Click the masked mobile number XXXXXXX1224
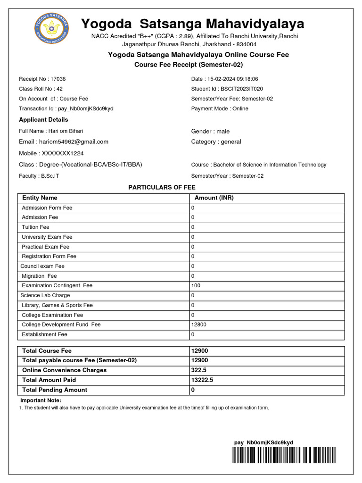pos(63,153)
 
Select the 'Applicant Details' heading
pos(43,120)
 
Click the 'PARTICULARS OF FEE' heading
pos(162,187)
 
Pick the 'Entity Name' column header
pos(40,198)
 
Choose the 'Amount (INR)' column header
pos(214,198)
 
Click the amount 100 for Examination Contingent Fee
pos(196,286)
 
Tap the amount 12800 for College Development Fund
pos(198,325)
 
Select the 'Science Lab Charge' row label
pos(45,295)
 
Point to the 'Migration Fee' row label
pos(39,276)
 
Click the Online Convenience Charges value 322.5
pos(198,370)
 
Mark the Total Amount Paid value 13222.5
pos(202,380)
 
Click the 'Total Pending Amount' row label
pos(55,390)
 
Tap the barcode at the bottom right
pos(284,455)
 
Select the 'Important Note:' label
pos(40,400)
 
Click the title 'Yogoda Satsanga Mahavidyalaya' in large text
pos(193,24)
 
